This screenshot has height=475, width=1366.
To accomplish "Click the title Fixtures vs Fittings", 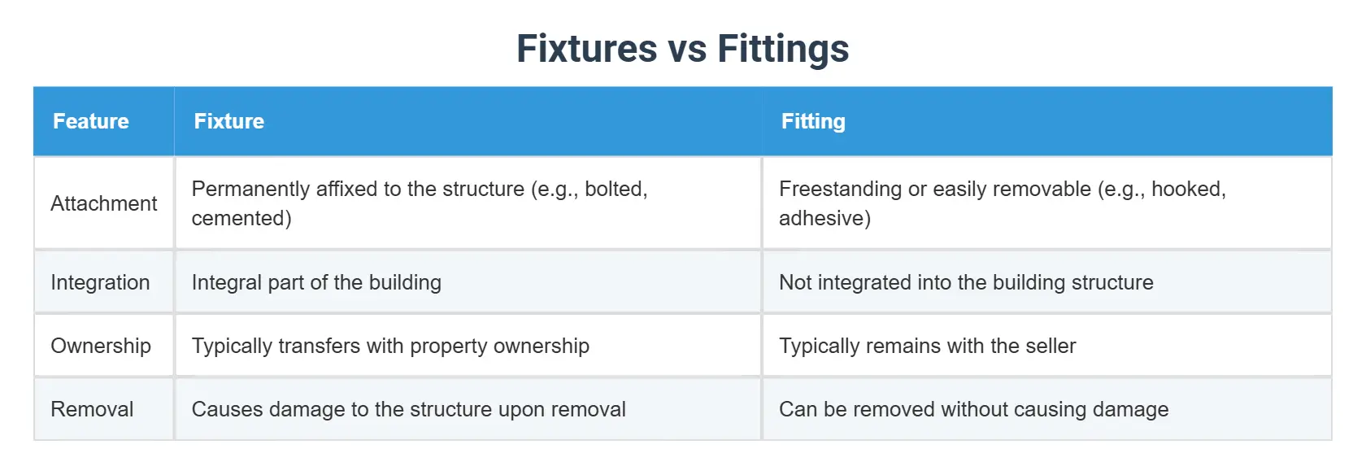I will (x=682, y=48).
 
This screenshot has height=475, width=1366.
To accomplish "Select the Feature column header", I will (x=91, y=121).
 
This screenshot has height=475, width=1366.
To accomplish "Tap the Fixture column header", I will (x=228, y=121).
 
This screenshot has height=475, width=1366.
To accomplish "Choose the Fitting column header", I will (x=813, y=121).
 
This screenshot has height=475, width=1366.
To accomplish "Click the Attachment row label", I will (x=103, y=203).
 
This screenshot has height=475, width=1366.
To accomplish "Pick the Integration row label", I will (x=100, y=282).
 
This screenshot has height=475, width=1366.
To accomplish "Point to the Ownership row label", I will (x=101, y=346).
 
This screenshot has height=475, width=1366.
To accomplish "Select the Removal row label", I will (x=92, y=409).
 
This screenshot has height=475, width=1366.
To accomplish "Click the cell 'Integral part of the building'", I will (x=316, y=282).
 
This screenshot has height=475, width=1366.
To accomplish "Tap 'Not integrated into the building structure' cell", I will (x=966, y=282).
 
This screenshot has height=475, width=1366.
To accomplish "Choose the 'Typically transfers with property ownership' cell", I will (x=390, y=346).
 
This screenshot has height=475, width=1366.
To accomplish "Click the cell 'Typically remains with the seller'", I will (x=927, y=346).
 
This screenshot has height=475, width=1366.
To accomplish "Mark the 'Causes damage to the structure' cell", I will (x=408, y=409).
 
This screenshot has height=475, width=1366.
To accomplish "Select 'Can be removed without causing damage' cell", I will (x=973, y=409).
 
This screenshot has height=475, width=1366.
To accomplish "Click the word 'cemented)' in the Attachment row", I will (x=241, y=218).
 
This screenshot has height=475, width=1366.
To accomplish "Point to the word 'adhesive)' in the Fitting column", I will (x=824, y=218).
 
